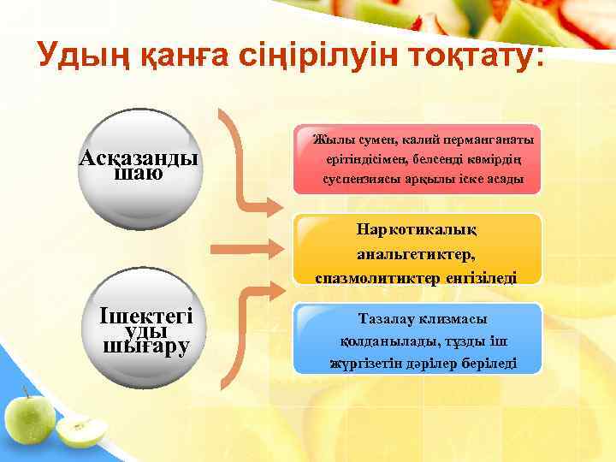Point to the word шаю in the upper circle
[138, 174]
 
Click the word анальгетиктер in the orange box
[418, 253]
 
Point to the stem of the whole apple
[27, 391]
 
